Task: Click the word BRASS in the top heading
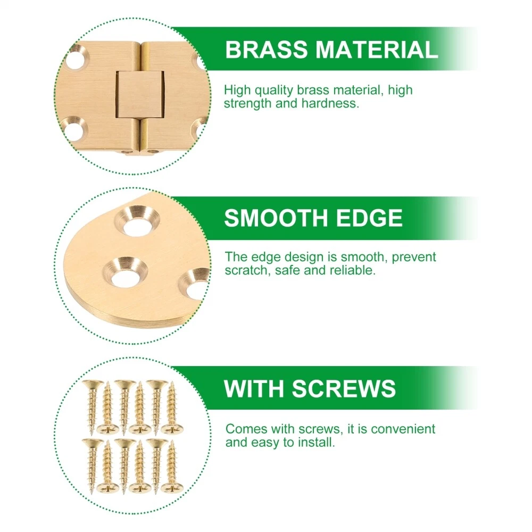(x=266, y=49)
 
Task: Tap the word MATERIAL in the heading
(x=377, y=49)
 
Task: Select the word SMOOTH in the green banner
(x=276, y=218)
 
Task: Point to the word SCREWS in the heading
(x=344, y=388)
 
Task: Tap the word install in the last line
(x=316, y=443)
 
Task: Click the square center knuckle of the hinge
(x=140, y=95)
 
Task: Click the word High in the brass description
(x=237, y=91)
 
